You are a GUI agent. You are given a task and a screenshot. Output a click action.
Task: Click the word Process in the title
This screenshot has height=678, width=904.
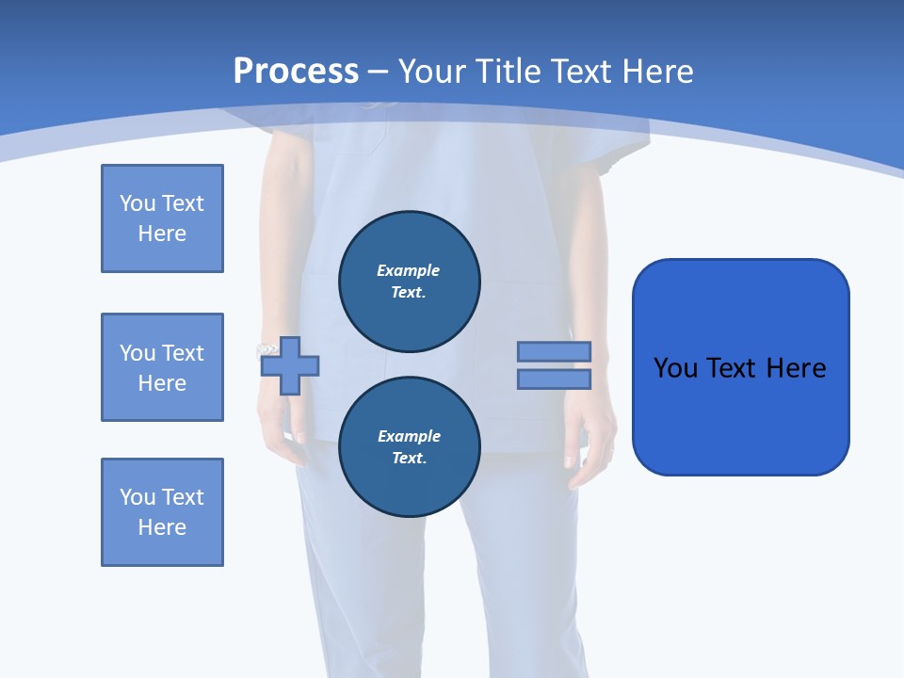296,72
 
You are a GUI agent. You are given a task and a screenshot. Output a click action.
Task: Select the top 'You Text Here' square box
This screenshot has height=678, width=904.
162,218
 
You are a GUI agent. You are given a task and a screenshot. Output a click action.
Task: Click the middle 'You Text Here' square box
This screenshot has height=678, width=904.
162,367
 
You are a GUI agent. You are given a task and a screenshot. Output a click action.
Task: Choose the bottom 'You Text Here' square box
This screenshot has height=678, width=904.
162,512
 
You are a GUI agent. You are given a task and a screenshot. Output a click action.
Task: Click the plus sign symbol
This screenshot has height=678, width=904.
290,366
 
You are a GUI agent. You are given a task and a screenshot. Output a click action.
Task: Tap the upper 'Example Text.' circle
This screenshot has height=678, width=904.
410,281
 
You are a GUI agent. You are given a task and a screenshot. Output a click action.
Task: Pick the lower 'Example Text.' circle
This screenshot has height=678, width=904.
410,446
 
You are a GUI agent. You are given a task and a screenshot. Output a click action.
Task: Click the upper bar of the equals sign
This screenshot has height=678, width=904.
554,352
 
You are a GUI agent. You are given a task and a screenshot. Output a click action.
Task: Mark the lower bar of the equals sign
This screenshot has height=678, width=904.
554,379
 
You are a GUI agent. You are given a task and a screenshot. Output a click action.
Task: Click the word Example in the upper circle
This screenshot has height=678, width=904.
409,270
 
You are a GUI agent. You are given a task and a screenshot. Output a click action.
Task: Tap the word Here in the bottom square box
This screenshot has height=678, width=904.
162,527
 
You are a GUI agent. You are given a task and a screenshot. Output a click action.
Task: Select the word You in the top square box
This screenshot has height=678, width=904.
136,203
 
